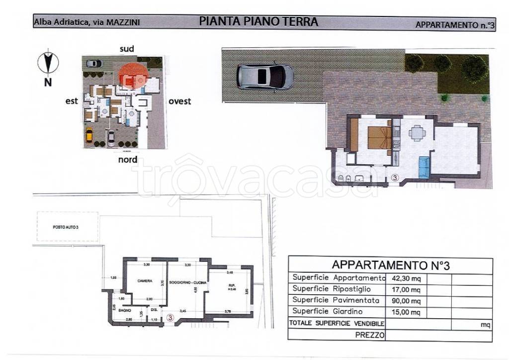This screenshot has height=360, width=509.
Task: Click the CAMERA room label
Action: click(145, 280)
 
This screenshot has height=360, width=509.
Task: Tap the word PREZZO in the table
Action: click(370, 336)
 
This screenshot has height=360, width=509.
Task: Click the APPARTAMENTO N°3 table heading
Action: click(390, 265)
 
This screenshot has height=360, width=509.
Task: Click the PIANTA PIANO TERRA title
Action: click(258, 21)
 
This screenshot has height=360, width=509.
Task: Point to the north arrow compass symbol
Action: click(49, 63)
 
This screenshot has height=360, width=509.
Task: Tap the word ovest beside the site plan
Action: click(179, 102)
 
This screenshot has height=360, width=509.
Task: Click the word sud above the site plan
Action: click(127, 48)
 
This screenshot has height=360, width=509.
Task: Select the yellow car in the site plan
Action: click(89, 135)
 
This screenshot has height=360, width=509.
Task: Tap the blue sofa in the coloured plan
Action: click(424, 167)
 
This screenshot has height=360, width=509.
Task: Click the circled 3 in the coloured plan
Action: click(395, 177)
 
